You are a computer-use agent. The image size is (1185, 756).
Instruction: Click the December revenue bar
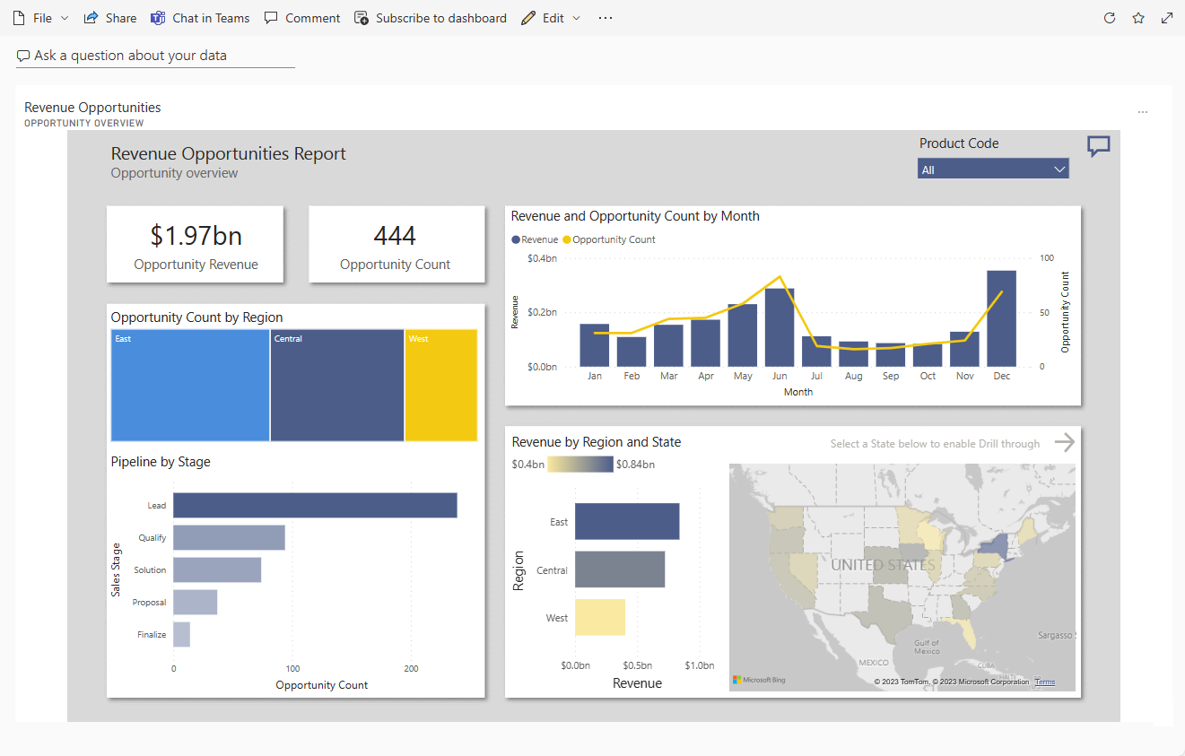tap(1001, 318)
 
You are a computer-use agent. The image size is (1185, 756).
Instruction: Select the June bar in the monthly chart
tap(779, 327)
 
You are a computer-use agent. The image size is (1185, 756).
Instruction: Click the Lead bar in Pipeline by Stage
tap(315, 505)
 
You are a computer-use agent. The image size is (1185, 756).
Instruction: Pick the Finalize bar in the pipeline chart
tap(181, 634)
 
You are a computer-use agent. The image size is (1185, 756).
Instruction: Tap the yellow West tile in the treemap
tap(440, 386)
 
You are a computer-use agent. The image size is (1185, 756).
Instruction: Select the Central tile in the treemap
tap(336, 386)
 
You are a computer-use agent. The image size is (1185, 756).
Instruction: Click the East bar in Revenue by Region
tap(626, 521)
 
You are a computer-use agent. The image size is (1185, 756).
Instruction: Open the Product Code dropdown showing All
tap(992, 169)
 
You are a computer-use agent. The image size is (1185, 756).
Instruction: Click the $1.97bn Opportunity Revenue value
tap(196, 236)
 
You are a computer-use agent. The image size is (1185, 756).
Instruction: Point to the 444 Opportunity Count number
tap(395, 236)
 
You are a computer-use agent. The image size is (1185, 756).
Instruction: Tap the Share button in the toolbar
tap(110, 18)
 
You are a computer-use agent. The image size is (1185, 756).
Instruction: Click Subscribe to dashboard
tap(431, 18)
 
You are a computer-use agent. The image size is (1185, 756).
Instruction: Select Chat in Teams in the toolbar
tap(200, 18)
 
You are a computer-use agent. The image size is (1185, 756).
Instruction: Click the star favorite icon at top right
tap(1138, 18)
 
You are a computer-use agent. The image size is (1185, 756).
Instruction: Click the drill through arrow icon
tap(1064, 442)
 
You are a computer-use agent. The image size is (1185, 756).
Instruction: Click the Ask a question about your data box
tap(155, 56)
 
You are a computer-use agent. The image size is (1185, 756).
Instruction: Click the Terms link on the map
tap(1045, 682)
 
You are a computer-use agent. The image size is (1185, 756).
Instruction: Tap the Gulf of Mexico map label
tap(926, 647)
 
